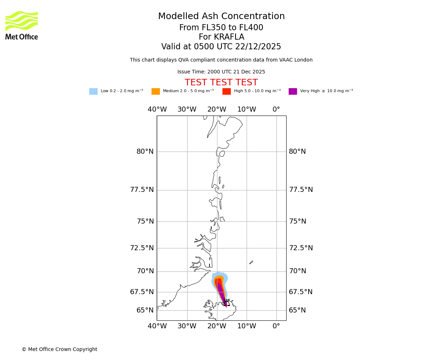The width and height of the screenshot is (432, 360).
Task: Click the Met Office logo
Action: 22,25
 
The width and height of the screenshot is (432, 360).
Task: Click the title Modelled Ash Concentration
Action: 221,17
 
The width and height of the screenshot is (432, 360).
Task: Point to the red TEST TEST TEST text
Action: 221,83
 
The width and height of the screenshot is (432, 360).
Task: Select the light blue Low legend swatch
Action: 93,91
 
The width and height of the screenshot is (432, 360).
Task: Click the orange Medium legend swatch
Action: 156,91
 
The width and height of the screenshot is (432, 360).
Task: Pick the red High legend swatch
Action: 226,91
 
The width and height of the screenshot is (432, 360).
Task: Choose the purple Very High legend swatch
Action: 293,91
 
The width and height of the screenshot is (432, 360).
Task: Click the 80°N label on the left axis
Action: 145,152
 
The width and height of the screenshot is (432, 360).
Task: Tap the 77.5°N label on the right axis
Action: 301,190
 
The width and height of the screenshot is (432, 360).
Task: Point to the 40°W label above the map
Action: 157,109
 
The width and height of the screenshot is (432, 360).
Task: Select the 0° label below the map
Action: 276,326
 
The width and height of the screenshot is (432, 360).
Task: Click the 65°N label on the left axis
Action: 145,310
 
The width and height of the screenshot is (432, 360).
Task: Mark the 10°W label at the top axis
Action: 247,109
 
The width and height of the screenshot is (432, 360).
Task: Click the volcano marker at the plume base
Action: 226,303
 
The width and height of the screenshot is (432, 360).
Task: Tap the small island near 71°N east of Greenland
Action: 251,262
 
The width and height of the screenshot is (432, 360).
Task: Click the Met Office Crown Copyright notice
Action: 59,349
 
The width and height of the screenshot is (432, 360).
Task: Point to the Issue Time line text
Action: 221,72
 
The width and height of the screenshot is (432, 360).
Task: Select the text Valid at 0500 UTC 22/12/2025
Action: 221,47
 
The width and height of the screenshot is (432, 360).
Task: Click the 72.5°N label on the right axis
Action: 301,248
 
